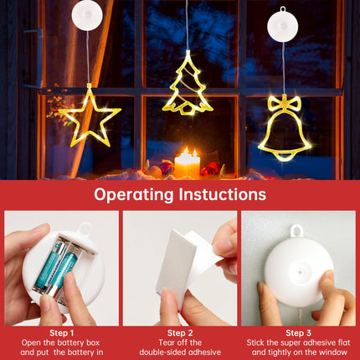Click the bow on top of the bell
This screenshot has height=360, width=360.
[x=285, y=103]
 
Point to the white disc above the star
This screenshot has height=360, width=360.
[x=87, y=14]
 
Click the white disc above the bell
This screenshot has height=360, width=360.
[x=283, y=25]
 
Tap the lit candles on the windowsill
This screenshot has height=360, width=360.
[x=187, y=164]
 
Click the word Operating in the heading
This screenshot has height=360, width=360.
[x=134, y=195]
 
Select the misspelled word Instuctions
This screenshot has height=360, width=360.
[x=223, y=194]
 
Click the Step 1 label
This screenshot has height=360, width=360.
[x=61, y=332]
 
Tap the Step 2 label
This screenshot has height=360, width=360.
[x=180, y=332]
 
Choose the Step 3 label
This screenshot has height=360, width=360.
[x=298, y=332]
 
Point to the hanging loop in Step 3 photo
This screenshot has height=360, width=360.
[x=297, y=231]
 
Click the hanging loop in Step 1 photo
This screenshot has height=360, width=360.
[x=85, y=229]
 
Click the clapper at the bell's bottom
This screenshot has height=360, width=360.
[x=284, y=157]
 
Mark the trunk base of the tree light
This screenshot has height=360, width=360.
[x=187, y=110]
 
